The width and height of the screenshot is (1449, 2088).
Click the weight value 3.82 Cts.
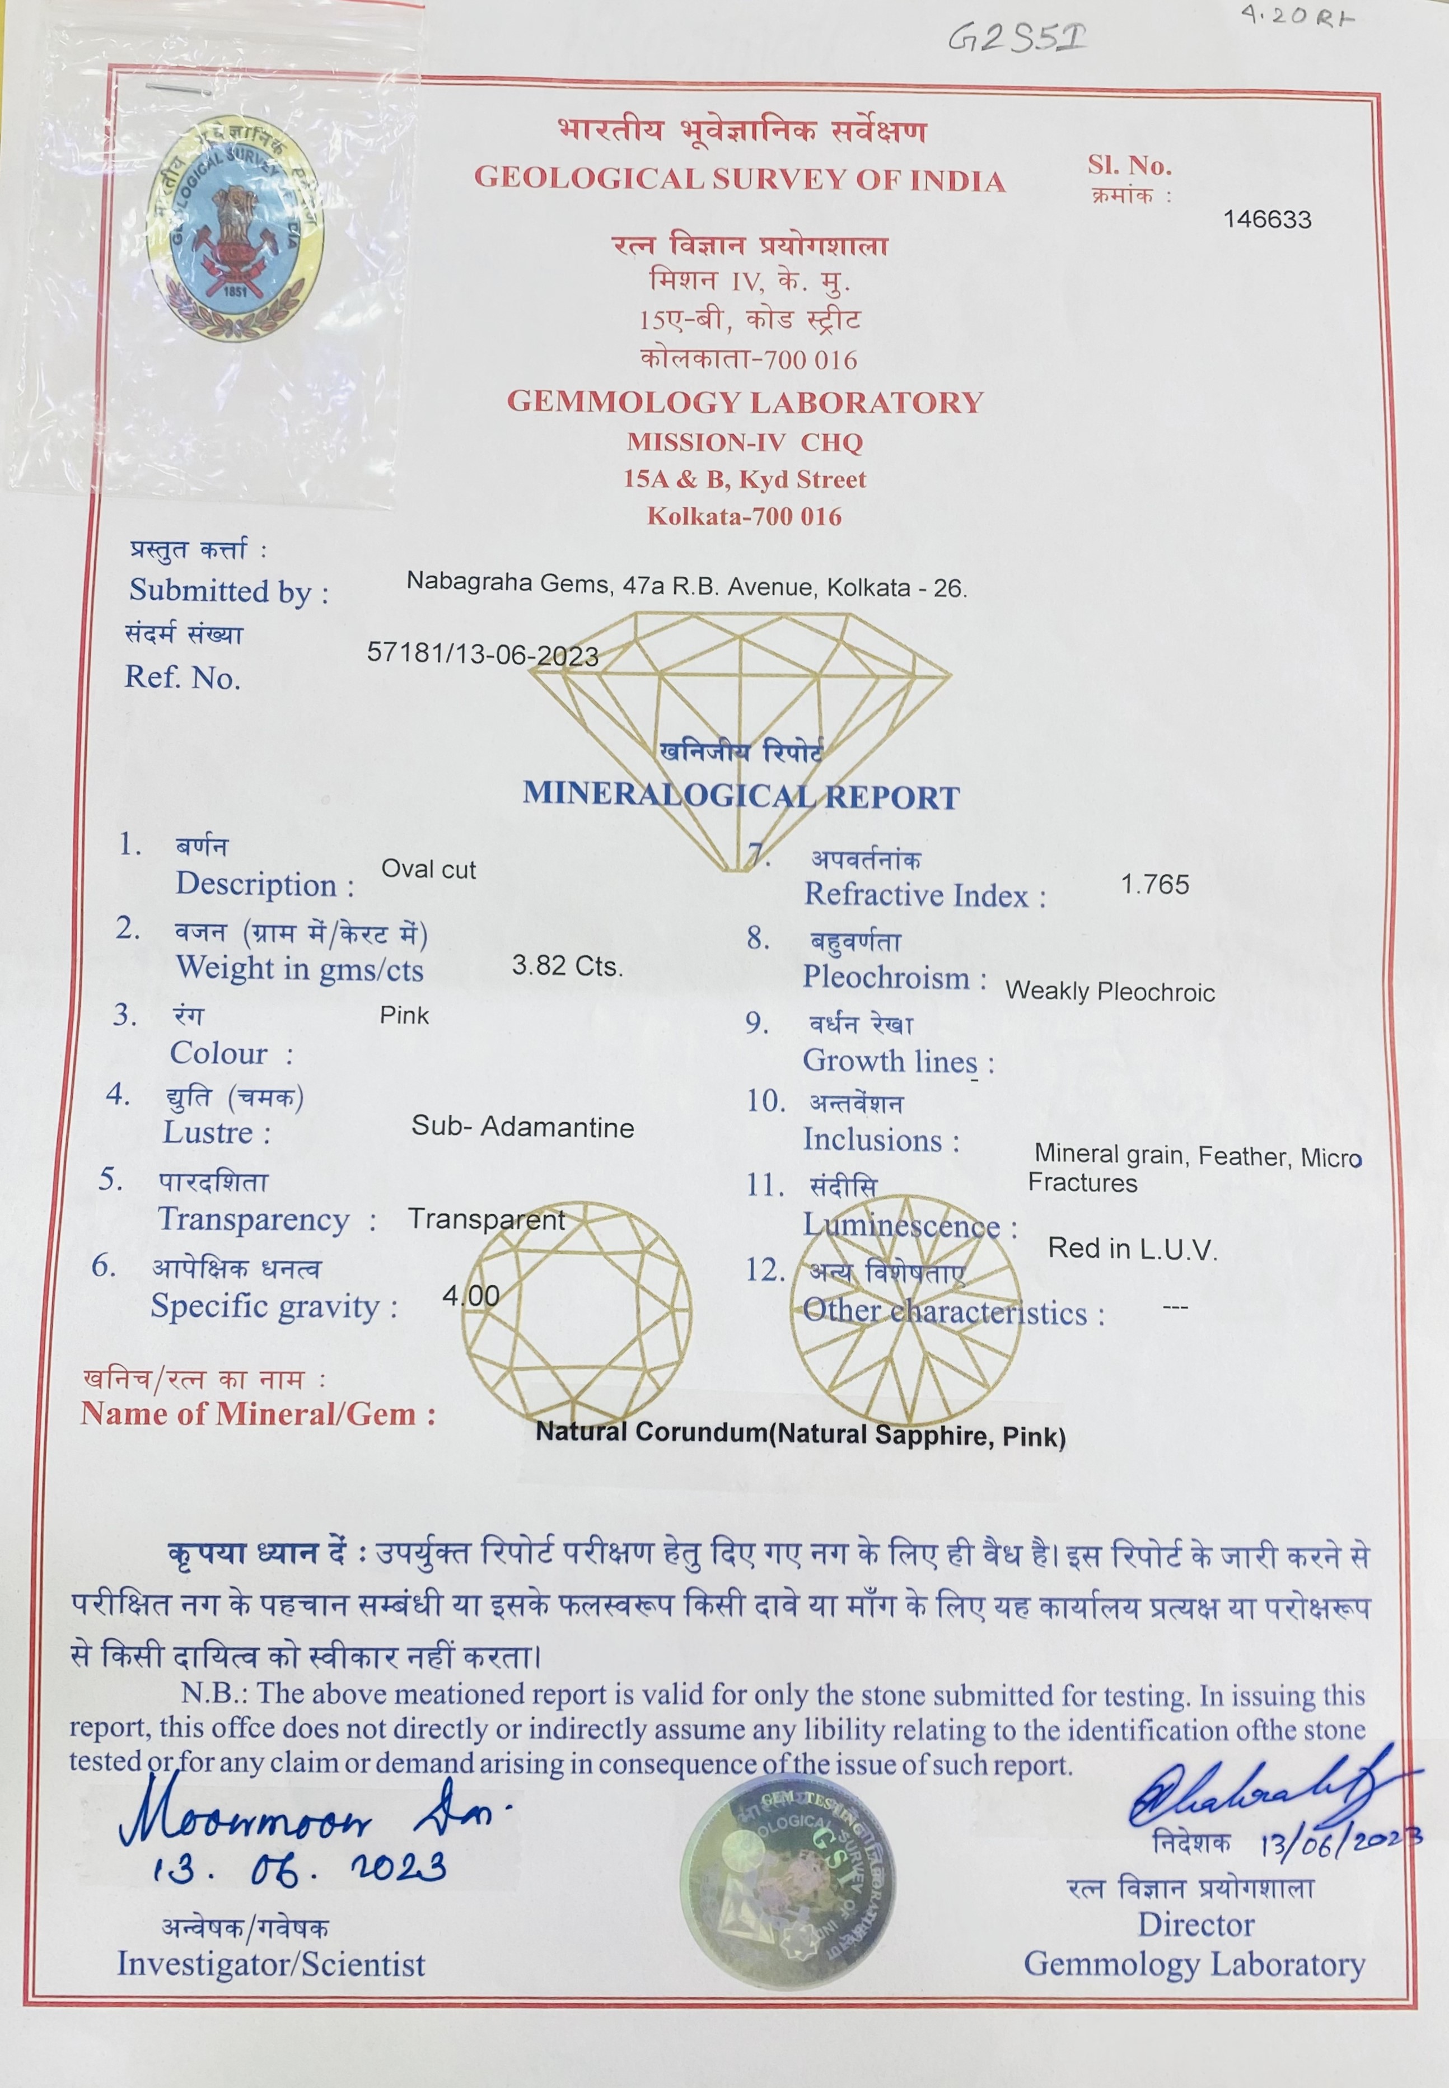click(x=567, y=966)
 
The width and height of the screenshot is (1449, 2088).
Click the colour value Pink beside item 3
click(x=404, y=1015)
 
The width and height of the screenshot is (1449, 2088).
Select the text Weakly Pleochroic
click(x=1110, y=991)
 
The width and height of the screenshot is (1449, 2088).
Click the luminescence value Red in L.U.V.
click(x=1131, y=1249)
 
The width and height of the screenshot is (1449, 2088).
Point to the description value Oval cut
click(x=428, y=869)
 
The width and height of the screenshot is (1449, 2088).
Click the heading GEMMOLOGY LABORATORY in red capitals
click(x=745, y=402)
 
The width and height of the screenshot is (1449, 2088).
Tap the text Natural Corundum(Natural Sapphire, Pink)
click(x=800, y=1435)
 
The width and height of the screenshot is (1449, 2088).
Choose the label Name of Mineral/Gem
click(x=258, y=1413)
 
